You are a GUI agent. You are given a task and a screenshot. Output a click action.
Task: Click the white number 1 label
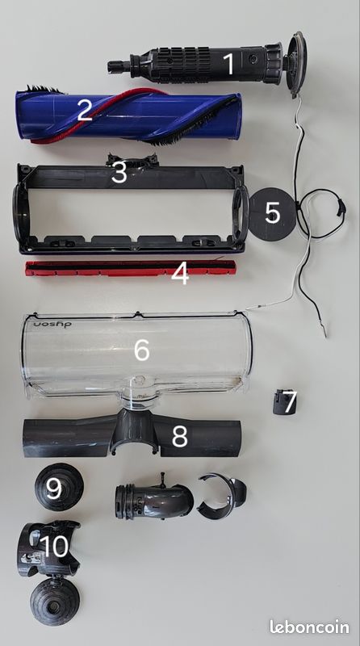click(x=229, y=64)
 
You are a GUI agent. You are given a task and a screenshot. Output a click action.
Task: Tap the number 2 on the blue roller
click(x=85, y=110)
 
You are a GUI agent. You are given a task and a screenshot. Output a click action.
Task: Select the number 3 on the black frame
click(x=119, y=173)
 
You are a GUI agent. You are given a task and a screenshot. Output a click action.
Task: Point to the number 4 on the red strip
click(x=180, y=274)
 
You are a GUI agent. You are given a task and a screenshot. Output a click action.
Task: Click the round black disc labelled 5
click(x=272, y=214)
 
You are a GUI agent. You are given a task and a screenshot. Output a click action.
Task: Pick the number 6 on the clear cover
click(x=142, y=350)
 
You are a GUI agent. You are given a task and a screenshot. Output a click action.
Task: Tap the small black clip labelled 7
click(x=285, y=401)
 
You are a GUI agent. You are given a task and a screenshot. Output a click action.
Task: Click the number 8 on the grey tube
click(x=179, y=436)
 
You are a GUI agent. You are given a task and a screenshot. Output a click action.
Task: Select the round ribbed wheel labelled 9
click(x=59, y=487)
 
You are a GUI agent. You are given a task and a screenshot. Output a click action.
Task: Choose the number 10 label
click(x=55, y=547)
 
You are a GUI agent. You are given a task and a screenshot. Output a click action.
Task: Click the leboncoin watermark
click(x=309, y=627)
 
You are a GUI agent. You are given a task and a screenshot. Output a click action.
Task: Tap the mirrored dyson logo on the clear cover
click(x=52, y=325)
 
